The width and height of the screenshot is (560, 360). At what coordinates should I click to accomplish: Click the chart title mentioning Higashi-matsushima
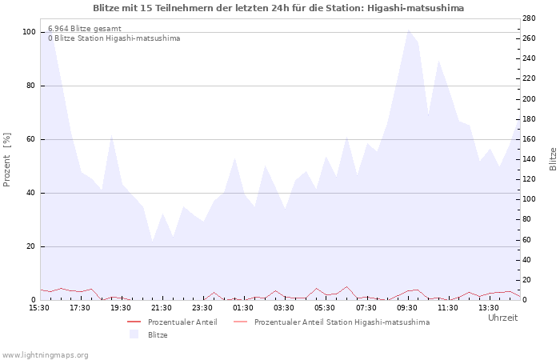point(278,8)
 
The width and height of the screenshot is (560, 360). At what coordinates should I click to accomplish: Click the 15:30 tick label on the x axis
point(39,307)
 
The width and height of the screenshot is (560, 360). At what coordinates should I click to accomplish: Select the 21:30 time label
point(162,307)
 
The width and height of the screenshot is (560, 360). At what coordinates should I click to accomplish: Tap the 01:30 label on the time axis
point(243,307)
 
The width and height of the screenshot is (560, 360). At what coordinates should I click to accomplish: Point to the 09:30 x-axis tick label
point(407,307)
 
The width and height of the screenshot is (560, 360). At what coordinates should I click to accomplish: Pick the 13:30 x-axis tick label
point(489,307)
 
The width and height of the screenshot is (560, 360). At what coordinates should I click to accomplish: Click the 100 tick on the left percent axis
point(29,32)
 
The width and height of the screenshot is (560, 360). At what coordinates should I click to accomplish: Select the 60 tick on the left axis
point(30,139)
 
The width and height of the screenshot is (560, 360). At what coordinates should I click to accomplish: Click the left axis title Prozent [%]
point(8,159)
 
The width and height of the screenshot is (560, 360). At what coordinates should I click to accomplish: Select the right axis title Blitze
point(553,158)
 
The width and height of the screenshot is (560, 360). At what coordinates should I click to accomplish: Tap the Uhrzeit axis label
point(502,318)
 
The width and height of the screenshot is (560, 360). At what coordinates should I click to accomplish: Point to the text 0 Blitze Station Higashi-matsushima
point(114,38)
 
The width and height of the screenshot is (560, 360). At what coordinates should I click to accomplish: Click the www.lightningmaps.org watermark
point(45,354)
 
